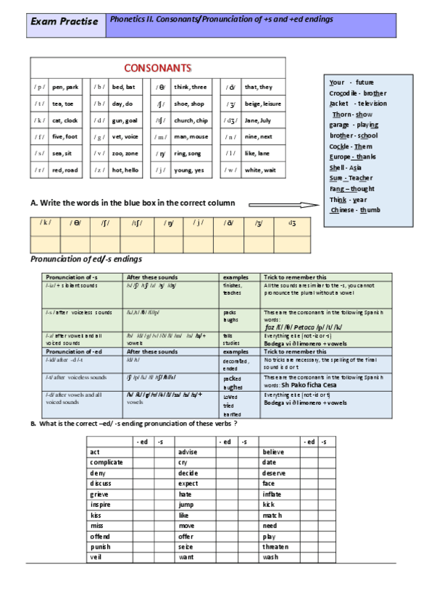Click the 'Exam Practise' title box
(x=64, y=22)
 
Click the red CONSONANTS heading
(x=158, y=68)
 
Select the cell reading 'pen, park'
(x=65, y=87)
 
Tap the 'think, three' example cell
(x=190, y=87)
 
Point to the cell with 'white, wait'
(x=260, y=170)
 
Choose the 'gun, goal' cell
(x=125, y=120)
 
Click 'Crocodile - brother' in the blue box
(x=357, y=93)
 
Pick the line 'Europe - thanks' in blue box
(x=352, y=156)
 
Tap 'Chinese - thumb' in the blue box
(x=355, y=210)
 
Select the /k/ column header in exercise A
(x=45, y=224)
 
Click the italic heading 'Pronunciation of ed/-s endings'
(x=85, y=259)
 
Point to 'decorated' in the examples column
(x=236, y=360)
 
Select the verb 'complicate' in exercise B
(x=107, y=462)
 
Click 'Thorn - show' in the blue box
(x=352, y=114)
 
